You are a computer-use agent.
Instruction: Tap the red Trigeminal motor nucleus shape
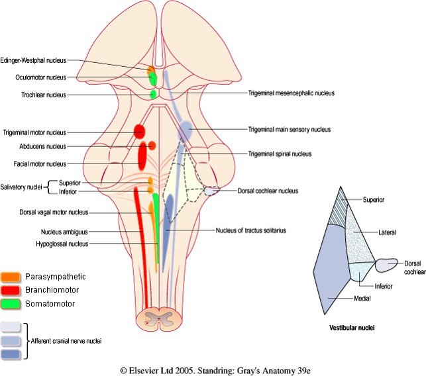click(x=139, y=131)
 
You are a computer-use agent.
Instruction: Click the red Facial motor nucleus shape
click(x=142, y=156)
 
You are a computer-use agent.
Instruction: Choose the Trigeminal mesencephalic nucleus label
click(x=291, y=93)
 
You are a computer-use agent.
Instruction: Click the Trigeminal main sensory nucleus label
click(x=289, y=129)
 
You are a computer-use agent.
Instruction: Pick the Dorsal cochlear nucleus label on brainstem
click(x=268, y=191)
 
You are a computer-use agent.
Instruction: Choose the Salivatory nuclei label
click(x=22, y=187)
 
